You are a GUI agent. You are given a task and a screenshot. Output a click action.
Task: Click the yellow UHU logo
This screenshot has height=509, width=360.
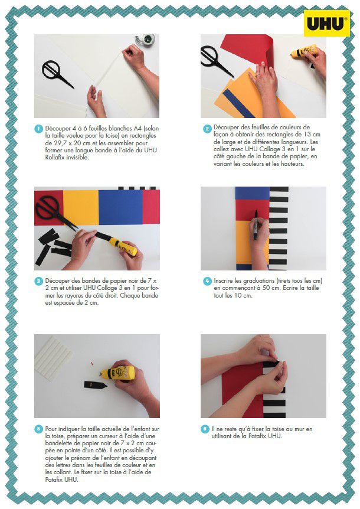(327, 23)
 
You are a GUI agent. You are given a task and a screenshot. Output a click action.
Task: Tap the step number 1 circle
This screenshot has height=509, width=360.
(38, 129)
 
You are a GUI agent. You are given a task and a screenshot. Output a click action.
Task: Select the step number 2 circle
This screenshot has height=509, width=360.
(207, 129)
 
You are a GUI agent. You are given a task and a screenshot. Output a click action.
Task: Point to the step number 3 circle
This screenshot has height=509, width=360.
(38, 281)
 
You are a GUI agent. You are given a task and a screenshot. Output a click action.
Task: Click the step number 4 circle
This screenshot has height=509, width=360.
(207, 281)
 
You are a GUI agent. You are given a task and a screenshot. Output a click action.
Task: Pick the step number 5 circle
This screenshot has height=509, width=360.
(38, 429)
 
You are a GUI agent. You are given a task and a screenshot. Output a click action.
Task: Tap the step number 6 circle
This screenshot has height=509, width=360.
(205, 429)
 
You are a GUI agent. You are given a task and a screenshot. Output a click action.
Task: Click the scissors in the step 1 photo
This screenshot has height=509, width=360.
(57, 73)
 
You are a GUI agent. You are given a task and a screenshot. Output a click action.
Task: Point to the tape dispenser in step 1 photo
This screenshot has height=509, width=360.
(145, 40)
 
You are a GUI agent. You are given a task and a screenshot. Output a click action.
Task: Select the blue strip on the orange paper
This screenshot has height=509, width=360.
(238, 103)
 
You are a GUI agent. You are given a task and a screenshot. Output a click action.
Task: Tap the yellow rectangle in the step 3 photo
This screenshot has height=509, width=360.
(81, 207)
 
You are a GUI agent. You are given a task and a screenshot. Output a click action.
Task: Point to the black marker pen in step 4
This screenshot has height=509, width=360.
(256, 224)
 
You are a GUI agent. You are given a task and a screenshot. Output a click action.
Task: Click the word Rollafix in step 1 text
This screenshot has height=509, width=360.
(56, 158)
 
